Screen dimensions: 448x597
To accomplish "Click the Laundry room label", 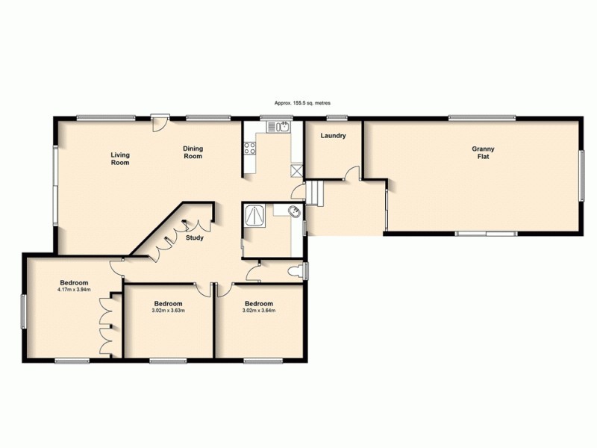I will [x=332, y=136].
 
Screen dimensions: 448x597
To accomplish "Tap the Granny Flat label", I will [x=482, y=154].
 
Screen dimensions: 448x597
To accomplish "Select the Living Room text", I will [x=120, y=158].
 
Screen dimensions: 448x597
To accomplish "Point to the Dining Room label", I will [x=193, y=152].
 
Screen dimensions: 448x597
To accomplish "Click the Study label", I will [x=196, y=239].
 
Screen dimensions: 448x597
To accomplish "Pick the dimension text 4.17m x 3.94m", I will [x=75, y=290].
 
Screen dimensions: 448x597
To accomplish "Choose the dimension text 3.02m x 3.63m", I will [x=169, y=311].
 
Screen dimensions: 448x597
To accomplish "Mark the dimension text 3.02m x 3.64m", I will [x=259, y=311].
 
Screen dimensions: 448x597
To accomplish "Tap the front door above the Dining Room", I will [x=158, y=122].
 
